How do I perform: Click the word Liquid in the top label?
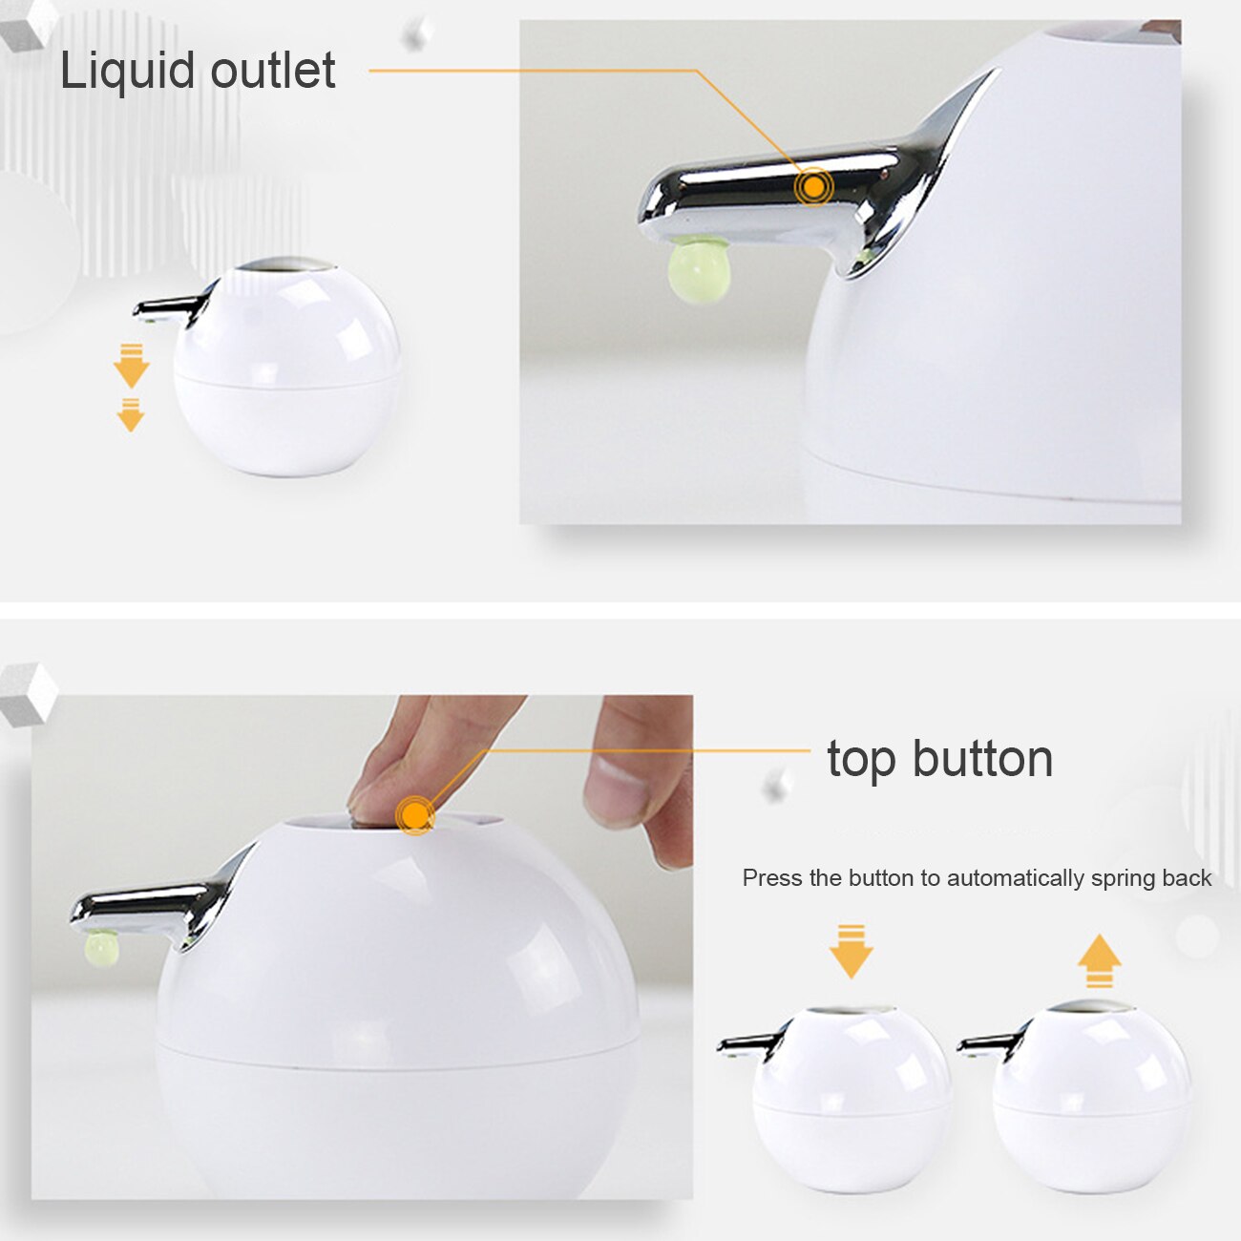click(126, 71)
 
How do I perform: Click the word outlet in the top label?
click(273, 71)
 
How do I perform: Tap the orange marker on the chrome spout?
click(813, 187)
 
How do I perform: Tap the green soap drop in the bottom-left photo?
click(101, 948)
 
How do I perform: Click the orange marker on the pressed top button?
click(415, 815)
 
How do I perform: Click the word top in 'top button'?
click(861, 760)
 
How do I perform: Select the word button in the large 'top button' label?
click(982, 759)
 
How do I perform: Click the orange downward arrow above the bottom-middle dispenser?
click(851, 951)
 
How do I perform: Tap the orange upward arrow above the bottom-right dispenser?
click(1099, 960)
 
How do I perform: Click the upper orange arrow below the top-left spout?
click(131, 365)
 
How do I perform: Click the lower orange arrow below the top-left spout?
click(131, 414)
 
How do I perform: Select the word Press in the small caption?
click(772, 878)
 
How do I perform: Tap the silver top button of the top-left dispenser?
click(284, 263)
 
